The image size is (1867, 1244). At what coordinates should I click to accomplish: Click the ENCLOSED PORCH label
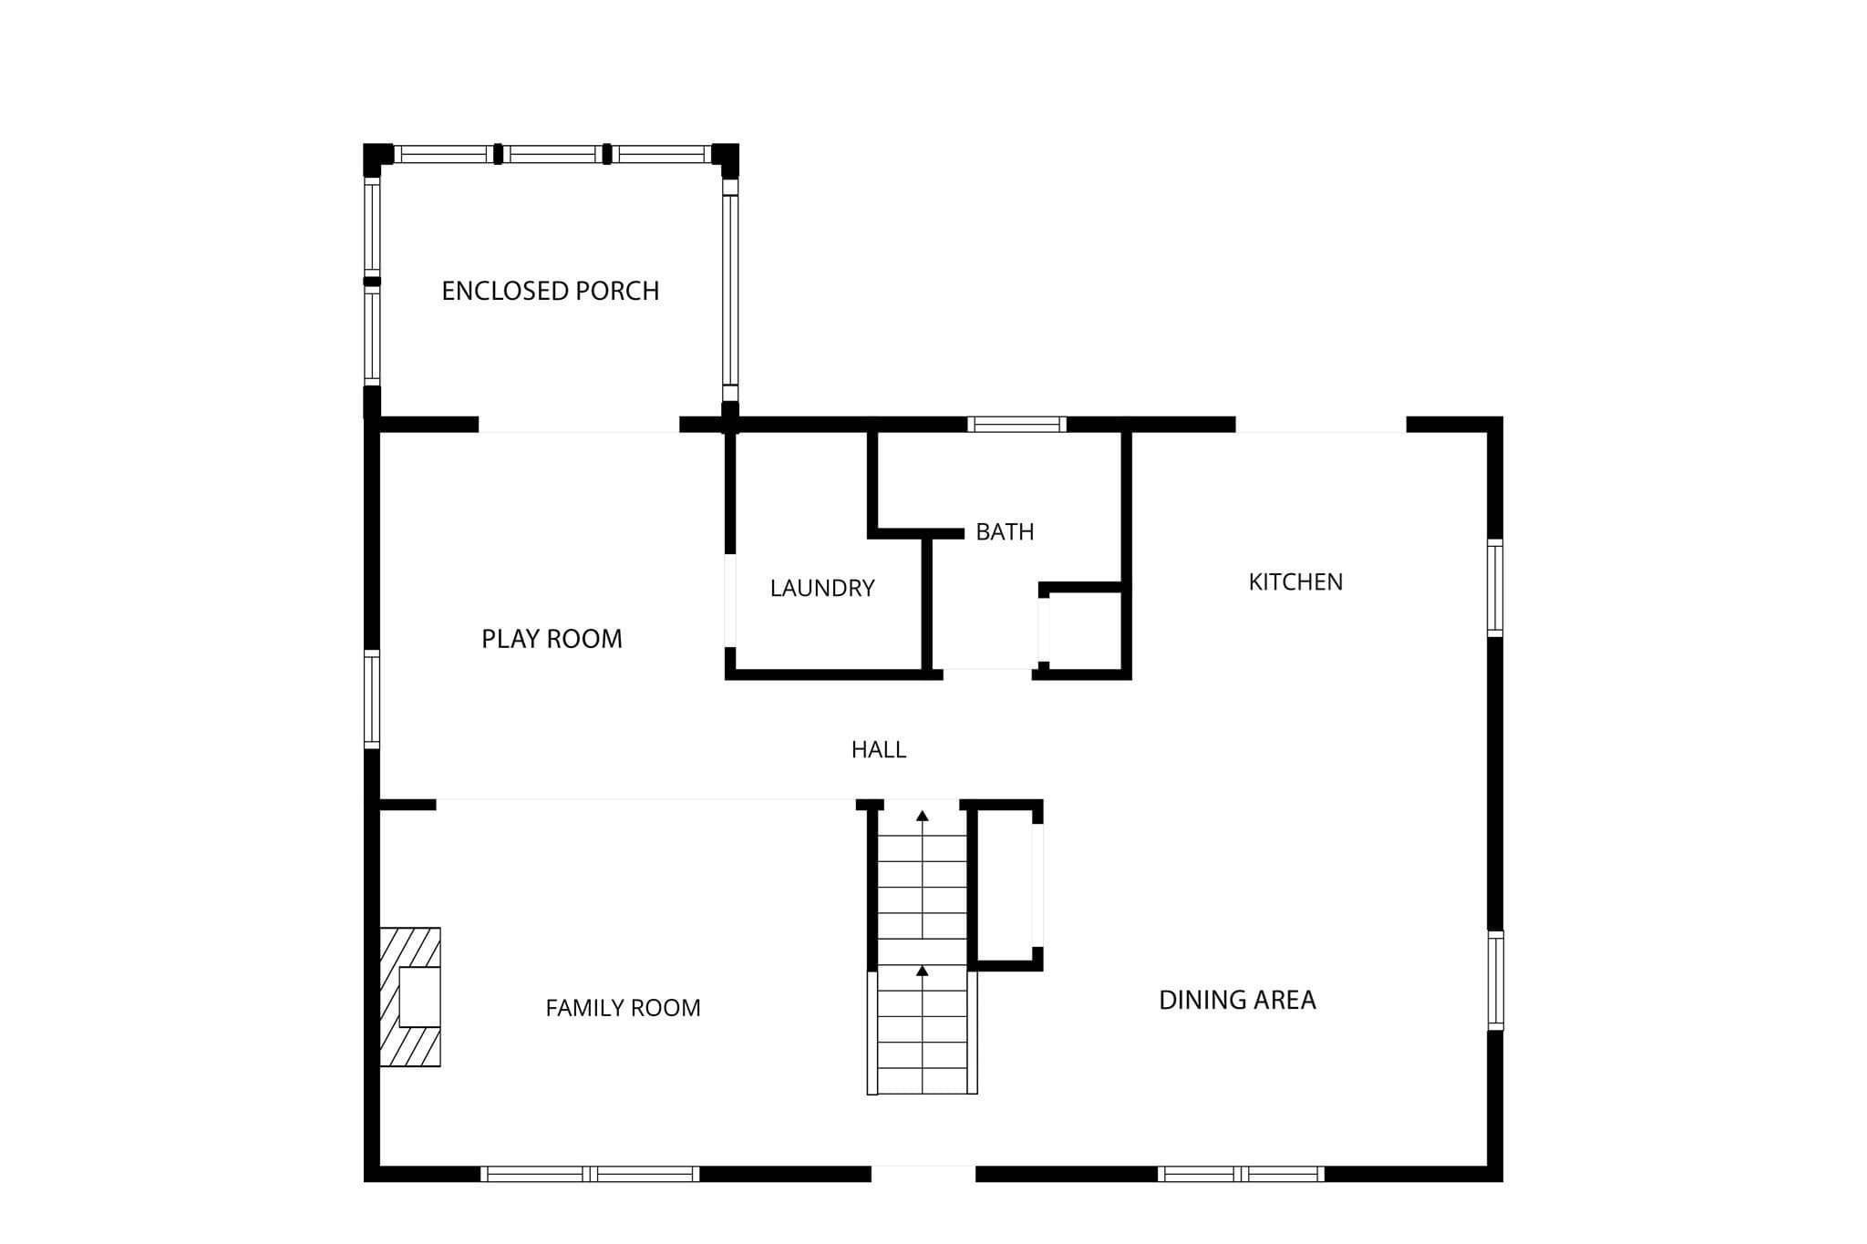[x=550, y=291]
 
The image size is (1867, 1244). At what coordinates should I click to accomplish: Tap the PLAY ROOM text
[x=552, y=639]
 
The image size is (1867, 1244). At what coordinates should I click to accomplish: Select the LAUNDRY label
[x=822, y=588]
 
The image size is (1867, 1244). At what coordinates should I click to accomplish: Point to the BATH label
[x=1005, y=531]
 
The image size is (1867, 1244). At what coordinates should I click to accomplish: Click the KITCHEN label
[x=1295, y=581]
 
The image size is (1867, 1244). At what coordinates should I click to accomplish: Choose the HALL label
[x=879, y=749]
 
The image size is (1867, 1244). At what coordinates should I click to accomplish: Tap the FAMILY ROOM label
[x=623, y=1008]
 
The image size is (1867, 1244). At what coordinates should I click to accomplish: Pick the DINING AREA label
[x=1237, y=1000]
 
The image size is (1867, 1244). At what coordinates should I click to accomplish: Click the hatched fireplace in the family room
[x=410, y=997]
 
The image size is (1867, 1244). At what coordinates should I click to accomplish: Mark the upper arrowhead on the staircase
[x=923, y=816]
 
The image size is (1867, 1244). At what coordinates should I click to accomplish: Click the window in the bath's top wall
[x=1016, y=424]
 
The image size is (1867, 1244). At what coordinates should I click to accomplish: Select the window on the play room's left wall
[x=372, y=699]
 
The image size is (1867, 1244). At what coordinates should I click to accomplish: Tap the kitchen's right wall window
[x=1495, y=588]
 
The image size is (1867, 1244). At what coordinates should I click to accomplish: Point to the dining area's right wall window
[x=1495, y=981]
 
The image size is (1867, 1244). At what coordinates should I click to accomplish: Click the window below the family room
[x=590, y=1174]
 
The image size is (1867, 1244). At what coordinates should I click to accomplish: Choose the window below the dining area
[x=1241, y=1174]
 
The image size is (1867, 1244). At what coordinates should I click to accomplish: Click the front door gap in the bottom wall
[x=923, y=1174]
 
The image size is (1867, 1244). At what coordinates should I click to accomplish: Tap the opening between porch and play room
[x=579, y=425]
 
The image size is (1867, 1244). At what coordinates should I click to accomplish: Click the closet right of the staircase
[x=1006, y=885]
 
